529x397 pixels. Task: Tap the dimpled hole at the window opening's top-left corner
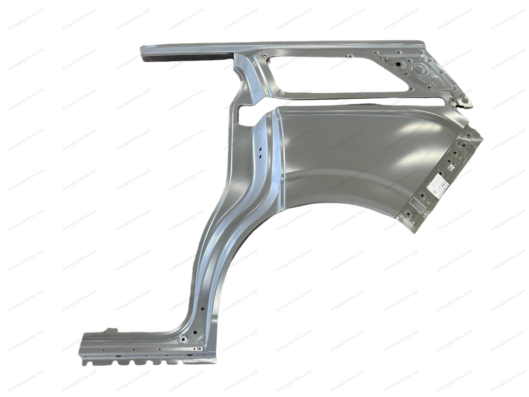(263, 56)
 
